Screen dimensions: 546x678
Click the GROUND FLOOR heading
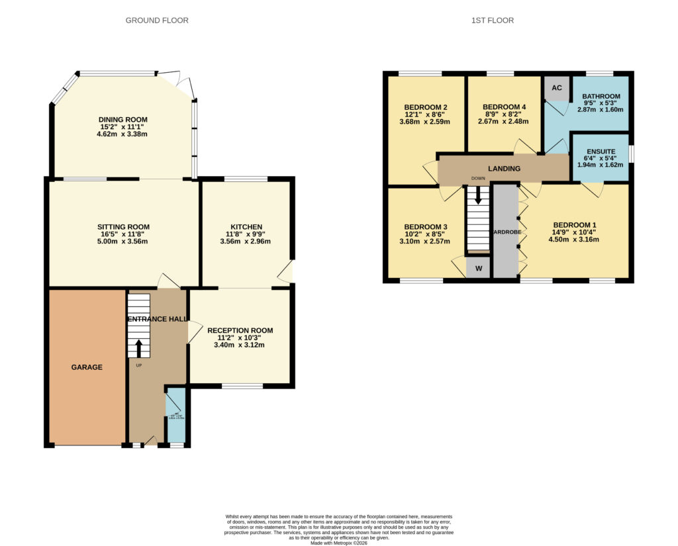coord(157,21)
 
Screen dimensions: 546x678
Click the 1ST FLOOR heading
coord(493,21)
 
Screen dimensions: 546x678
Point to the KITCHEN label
coord(246,226)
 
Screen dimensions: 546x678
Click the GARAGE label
coord(87,367)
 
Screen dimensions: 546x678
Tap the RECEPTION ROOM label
coord(240,330)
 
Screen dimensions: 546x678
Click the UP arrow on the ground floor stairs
coord(138,348)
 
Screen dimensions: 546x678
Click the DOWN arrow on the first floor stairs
coord(477,196)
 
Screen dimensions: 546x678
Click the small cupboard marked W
coord(477,269)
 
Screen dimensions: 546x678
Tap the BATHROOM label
coord(601,97)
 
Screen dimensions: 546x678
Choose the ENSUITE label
coord(601,151)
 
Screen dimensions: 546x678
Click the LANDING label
coord(504,169)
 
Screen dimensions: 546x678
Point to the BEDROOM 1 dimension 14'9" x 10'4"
coord(575,232)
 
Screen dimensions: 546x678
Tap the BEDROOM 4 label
coord(504,107)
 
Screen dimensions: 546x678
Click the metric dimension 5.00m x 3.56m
coord(124,242)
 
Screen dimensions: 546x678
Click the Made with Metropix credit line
coord(338,543)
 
